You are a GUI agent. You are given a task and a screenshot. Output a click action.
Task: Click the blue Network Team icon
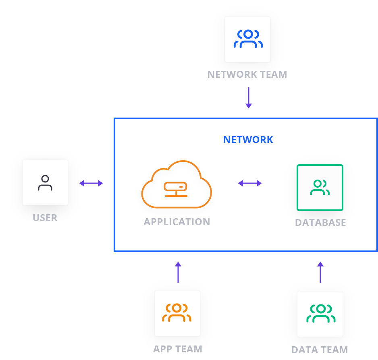247,39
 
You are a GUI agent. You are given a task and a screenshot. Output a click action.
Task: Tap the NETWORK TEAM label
247,74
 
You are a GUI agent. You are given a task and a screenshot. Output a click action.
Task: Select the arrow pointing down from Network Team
249,98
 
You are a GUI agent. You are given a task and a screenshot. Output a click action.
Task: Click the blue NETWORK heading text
248,140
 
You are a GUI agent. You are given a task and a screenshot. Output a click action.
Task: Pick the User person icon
45,182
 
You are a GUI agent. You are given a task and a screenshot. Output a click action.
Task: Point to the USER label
45,218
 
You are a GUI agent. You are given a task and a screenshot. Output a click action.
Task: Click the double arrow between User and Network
91,183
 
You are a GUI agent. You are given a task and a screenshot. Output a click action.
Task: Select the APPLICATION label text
177,221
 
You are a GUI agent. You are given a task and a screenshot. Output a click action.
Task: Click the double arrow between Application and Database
250,183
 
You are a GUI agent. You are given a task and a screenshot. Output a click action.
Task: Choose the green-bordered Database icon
320,187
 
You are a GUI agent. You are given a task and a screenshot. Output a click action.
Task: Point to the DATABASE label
320,223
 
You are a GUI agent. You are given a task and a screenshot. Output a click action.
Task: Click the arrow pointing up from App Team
178,272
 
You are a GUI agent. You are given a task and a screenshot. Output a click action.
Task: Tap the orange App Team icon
177,313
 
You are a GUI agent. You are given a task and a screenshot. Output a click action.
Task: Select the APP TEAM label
178,349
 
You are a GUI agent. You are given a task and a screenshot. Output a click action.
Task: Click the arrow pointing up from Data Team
320,272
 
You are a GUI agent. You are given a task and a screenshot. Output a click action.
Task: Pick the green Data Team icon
320,314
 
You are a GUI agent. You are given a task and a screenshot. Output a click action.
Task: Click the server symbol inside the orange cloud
175,187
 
